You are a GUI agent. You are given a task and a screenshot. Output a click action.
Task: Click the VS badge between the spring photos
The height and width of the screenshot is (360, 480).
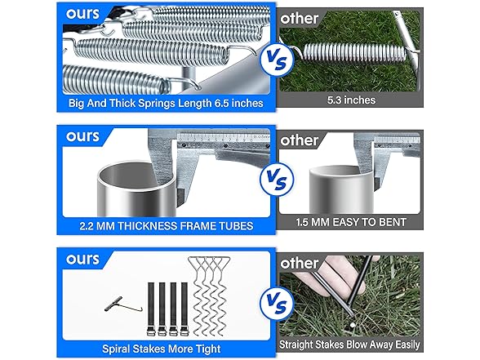coord(277,60)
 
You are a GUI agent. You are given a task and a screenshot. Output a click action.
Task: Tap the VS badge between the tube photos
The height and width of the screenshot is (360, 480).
coord(277,180)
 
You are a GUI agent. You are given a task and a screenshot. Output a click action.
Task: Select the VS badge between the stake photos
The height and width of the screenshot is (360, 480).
coord(277,303)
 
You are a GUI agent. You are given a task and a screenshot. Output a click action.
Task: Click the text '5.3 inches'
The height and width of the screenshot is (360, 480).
coord(351,100)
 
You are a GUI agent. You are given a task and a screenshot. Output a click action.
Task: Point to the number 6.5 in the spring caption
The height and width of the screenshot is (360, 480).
coord(222,103)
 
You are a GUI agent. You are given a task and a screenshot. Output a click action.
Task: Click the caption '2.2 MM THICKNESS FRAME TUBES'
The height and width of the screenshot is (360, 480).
coord(167,226)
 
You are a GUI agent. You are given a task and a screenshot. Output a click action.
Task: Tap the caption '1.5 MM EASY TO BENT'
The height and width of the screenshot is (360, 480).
coord(351,222)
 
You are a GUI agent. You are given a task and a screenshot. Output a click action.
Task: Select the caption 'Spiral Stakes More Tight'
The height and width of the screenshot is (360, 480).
coord(162,349)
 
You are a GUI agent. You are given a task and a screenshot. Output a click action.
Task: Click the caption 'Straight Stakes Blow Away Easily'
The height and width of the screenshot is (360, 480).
coord(349,344)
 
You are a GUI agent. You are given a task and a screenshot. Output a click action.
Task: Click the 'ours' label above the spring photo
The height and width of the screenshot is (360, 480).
coord(82,13)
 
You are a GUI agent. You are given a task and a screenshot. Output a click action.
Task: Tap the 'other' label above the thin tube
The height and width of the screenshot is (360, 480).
coord(299,140)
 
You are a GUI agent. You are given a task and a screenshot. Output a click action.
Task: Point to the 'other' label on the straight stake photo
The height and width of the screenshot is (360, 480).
coord(299,263)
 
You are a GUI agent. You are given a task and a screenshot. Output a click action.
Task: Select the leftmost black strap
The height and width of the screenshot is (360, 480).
coord(151,309)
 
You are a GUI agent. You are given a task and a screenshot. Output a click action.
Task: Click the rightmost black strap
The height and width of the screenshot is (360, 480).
coord(184,309)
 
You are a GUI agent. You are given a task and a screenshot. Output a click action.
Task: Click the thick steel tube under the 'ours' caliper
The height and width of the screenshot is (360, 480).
coord(137,189)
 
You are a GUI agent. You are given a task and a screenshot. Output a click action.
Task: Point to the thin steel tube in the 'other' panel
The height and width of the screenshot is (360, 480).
coord(341,189)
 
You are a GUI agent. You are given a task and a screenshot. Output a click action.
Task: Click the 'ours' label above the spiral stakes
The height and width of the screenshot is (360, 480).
coord(82,259)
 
